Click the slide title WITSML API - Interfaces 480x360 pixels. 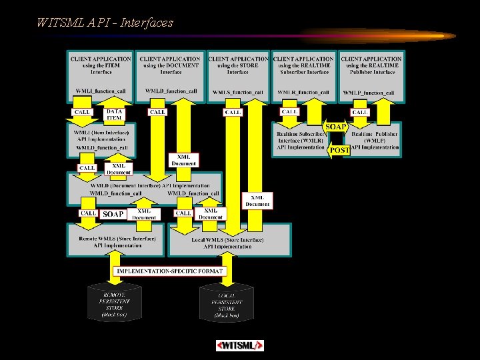[105, 23]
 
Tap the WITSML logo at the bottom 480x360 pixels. [240, 345]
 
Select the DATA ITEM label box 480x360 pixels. [115, 115]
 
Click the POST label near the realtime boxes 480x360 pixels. [339, 151]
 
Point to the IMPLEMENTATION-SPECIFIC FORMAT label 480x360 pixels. [171, 271]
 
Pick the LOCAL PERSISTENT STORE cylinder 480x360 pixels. [227, 304]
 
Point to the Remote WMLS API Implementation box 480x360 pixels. [117, 241]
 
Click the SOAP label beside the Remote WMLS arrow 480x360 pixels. [113, 214]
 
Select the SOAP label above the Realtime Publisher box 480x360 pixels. [335, 127]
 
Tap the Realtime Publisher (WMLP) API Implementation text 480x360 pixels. [375, 140]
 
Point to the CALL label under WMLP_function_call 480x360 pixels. [360, 113]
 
